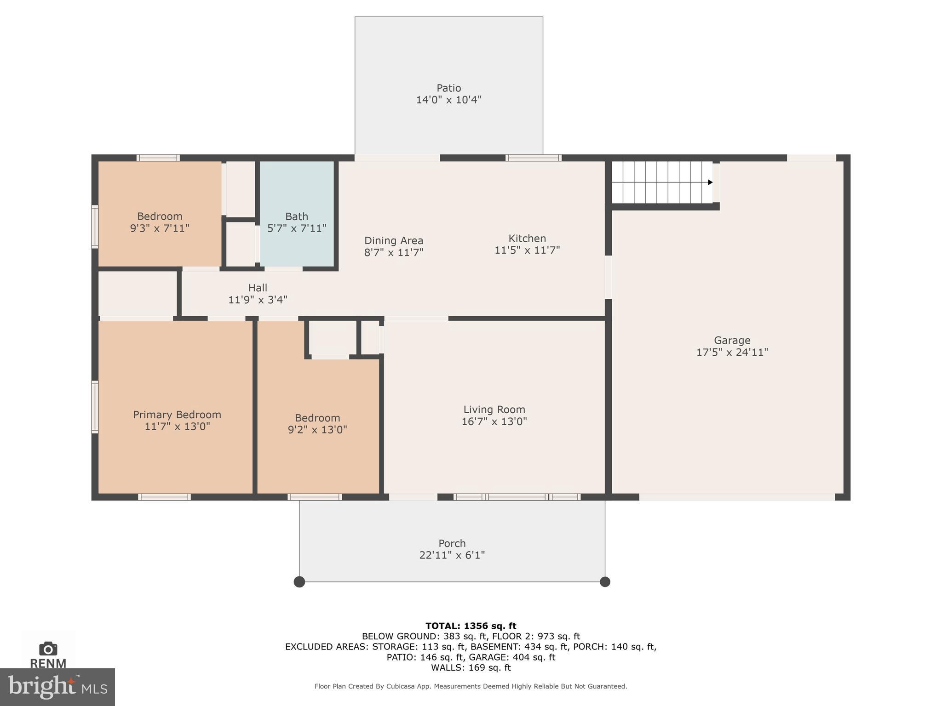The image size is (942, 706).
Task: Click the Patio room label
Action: pos(448,88)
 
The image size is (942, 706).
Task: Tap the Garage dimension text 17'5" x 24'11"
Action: pos(732,353)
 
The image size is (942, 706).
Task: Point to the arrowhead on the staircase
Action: pos(710,182)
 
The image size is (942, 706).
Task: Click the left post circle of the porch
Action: pos(299,582)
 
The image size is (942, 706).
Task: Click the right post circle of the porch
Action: pos(605,582)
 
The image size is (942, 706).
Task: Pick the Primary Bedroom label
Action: pos(177,415)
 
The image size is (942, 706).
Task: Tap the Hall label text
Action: pos(258,288)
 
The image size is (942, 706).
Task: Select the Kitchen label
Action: pos(527,239)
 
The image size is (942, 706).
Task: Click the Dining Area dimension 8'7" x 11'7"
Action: pos(394,252)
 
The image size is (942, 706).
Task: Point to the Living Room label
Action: pos(494,410)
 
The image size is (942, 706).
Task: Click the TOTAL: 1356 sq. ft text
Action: pos(471,626)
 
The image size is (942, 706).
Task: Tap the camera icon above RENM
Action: pos(48,649)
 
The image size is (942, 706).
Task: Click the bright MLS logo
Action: pos(57,687)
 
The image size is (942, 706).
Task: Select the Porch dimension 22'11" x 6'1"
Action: pos(452,555)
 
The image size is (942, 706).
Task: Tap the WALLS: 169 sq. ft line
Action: pos(471,667)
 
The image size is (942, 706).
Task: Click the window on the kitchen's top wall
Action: pos(534,158)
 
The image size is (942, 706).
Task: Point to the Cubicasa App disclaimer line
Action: pos(471,686)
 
